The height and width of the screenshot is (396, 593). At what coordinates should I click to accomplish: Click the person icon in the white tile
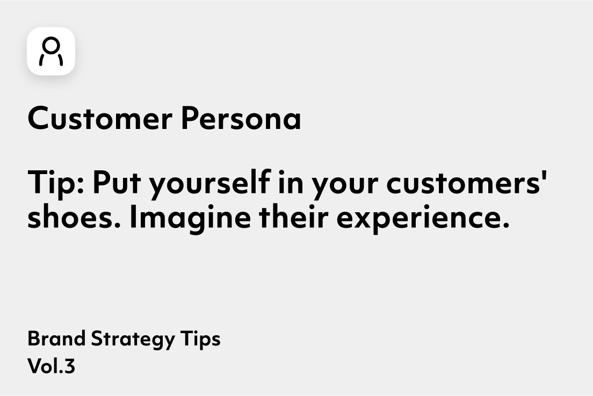click(x=51, y=51)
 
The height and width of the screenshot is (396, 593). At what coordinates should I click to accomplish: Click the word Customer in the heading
click(x=100, y=118)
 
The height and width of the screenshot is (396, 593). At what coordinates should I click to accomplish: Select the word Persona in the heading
click(x=241, y=118)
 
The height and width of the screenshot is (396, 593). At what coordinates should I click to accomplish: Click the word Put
click(x=117, y=182)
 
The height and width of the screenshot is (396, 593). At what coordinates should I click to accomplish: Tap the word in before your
click(x=291, y=182)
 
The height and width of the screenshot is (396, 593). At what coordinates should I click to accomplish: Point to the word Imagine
click(x=190, y=219)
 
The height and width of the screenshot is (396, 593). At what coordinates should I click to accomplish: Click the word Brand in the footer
click(x=56, y=338)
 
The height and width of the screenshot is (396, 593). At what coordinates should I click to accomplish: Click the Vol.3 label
click(x=52, y=366)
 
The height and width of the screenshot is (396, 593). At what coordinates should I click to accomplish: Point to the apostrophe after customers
click(x=545, y=176)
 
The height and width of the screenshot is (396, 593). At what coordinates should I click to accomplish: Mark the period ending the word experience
click(x=507, y=226)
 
